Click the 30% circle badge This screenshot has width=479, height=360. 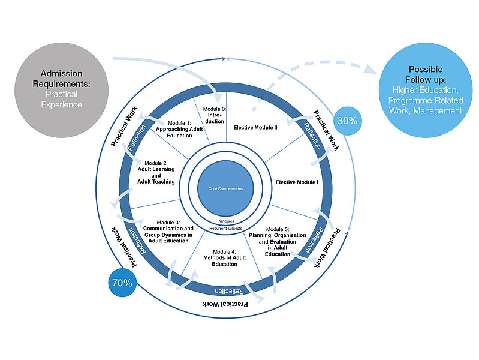pos(347,121)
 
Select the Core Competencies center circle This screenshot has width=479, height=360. pos(225,188)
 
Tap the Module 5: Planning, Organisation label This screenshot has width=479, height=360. pos(278,241)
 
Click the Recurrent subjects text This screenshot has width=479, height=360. pos(225,229)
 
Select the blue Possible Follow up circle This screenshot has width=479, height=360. pos(425,90)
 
